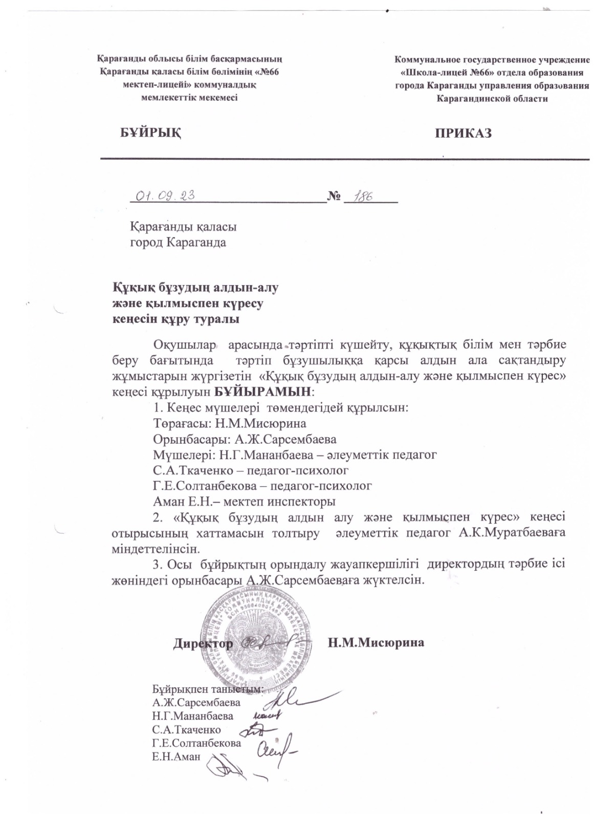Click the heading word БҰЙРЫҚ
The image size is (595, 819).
(150, 133)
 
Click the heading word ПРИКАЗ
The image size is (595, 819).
(463, 134)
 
